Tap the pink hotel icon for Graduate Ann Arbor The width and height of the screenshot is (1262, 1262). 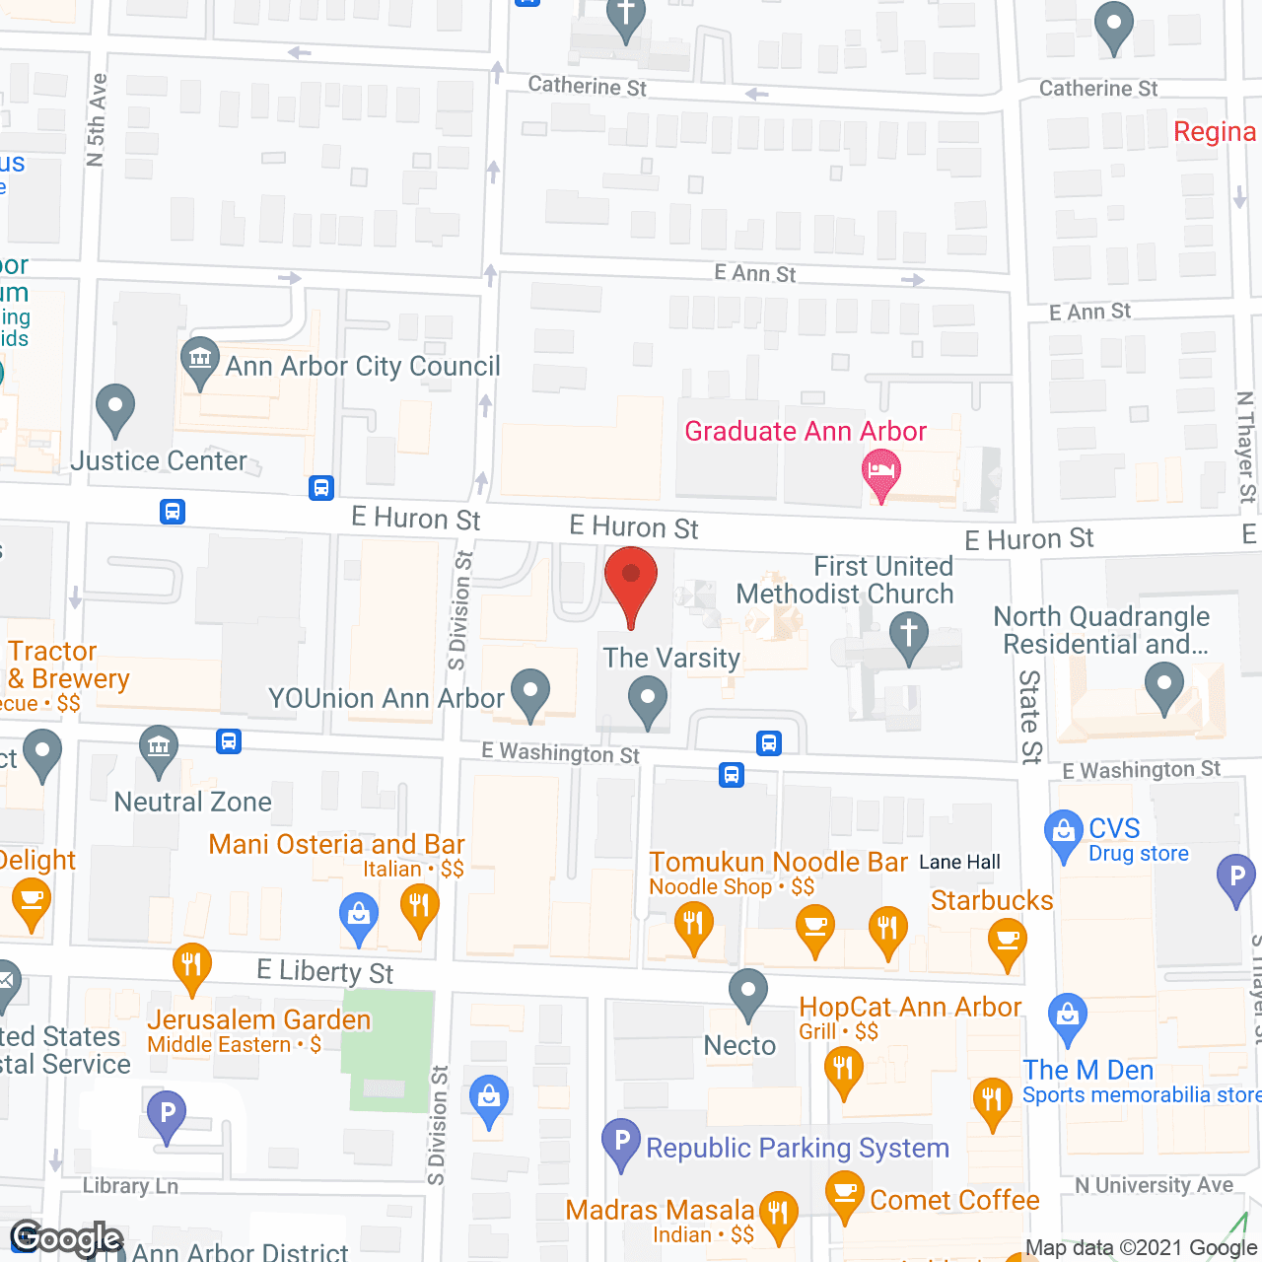(880, 471)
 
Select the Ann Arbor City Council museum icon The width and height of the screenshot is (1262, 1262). (200, 360)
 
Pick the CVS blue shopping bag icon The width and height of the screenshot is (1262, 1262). (1063, 833)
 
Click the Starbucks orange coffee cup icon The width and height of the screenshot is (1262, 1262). (1007, 942)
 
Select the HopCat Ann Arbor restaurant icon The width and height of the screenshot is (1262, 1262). (843, 1069)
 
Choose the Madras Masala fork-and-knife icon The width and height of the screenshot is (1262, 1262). (778, 1215)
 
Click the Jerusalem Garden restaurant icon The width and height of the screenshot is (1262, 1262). (191, 966)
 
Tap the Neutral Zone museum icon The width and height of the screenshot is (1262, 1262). (158, 748)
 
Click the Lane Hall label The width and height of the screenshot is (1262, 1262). (959, 863)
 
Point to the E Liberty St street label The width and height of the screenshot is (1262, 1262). (324, 972)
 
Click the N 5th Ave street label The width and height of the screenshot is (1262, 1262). (96, 120)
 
